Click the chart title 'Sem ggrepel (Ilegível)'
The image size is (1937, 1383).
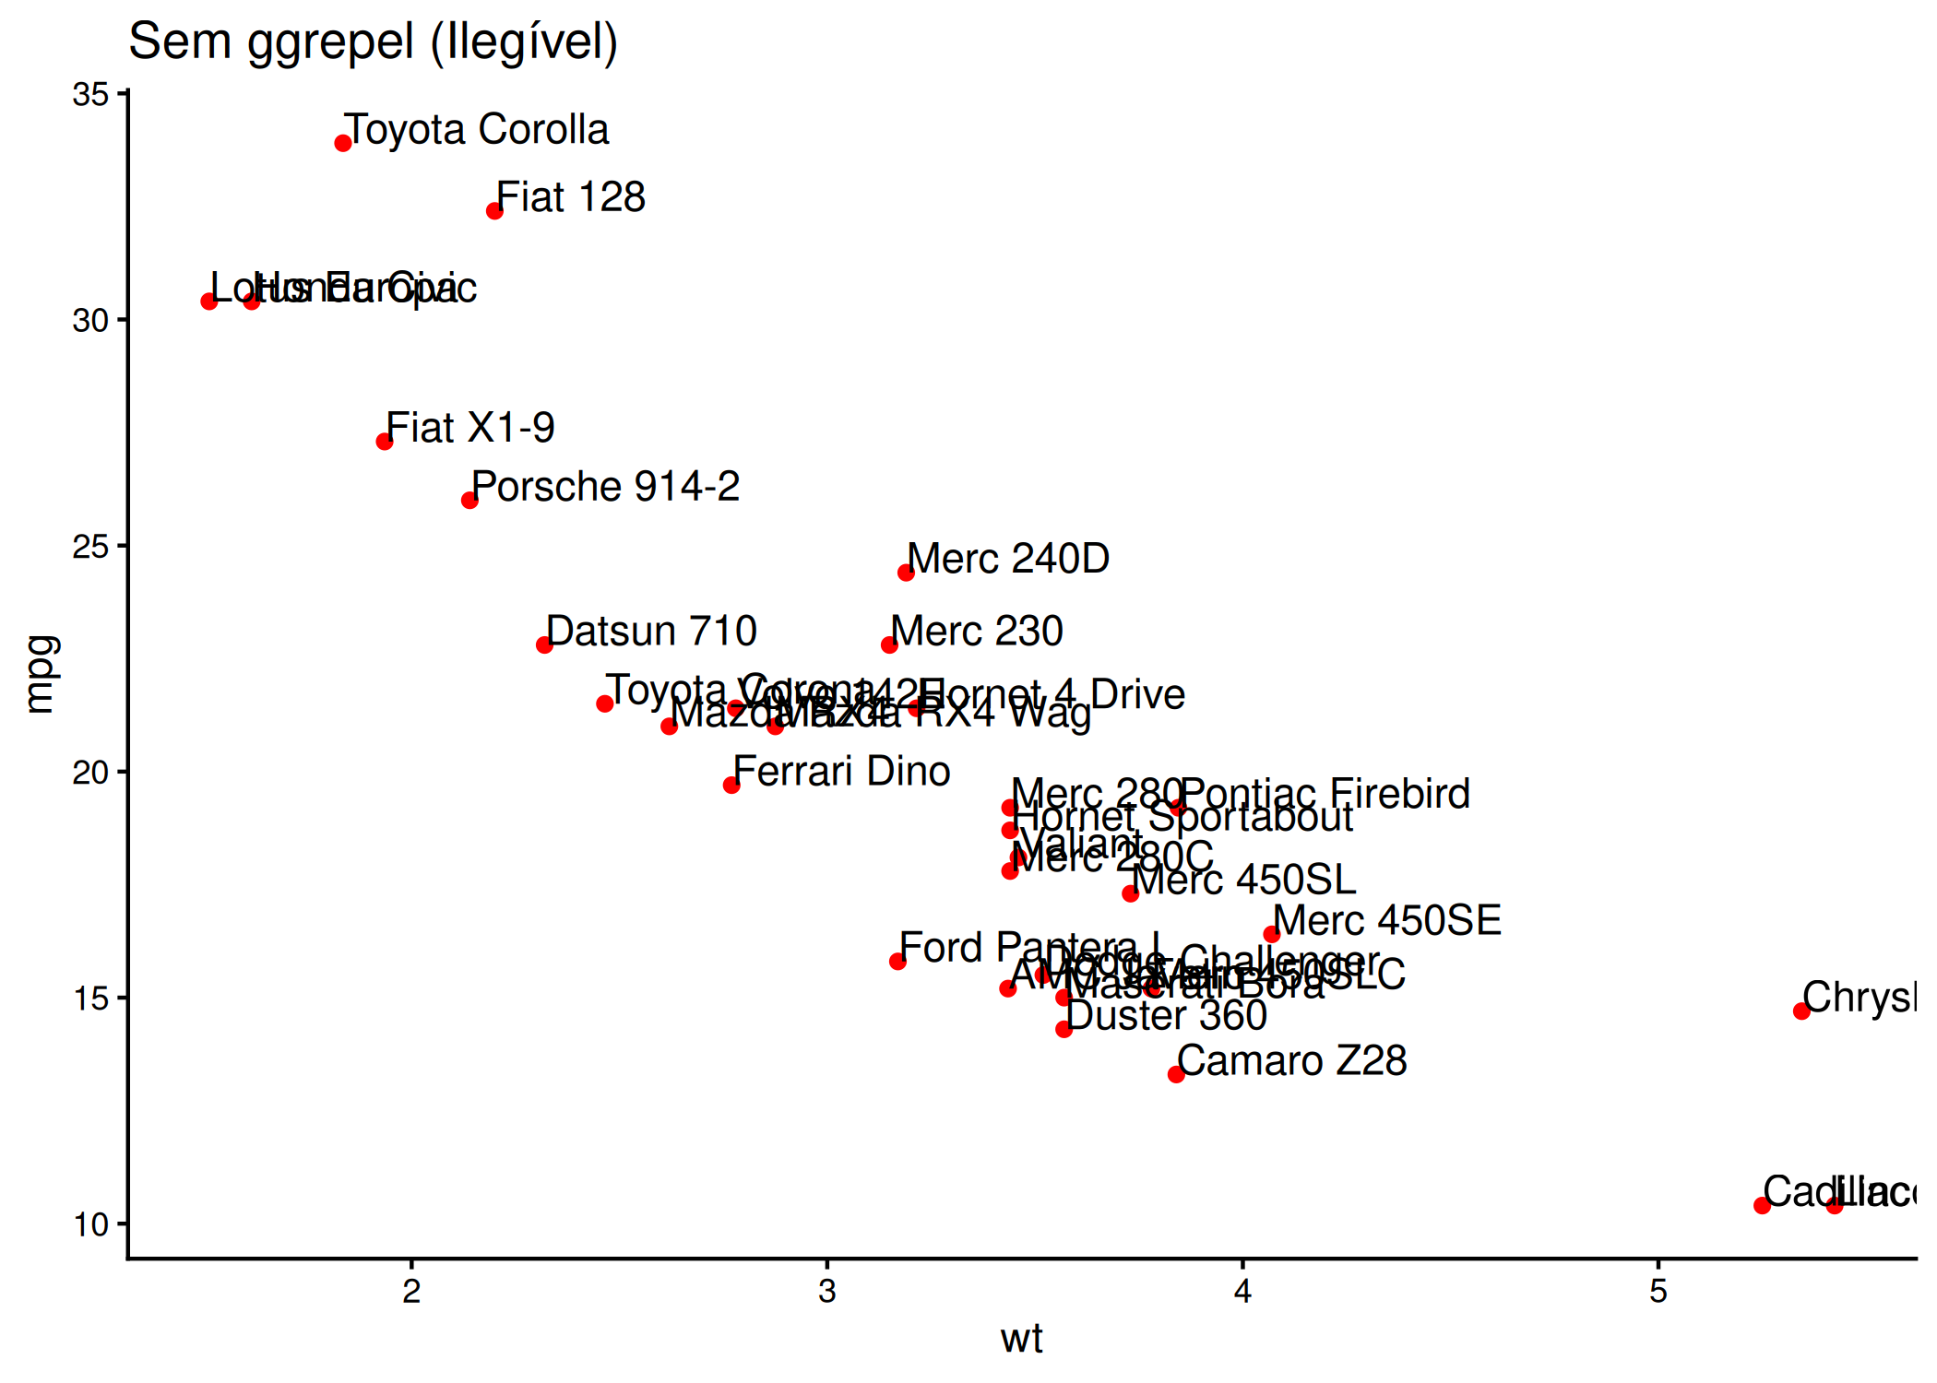(x=373, y=42)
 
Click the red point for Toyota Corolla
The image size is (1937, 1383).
(x=343, y=143)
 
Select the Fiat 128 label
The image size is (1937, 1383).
(x=571, y=197)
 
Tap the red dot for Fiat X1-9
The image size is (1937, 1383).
(x=385, y=442)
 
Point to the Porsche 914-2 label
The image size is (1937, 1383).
(x=606, y=487)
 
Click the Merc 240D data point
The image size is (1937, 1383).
(x=906, y=573)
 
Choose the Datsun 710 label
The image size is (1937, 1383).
(x=651, y=632)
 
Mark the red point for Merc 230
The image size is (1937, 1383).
(x=889, y=644)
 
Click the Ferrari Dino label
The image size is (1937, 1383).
(x=841, y=772)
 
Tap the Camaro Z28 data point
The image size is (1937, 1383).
(x=1176, y=1074)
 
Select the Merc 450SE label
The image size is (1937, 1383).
(x=1387, y=921)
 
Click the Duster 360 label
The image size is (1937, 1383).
(x=1166, y=1016)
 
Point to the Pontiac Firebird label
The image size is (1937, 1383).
(x=1325, y=794)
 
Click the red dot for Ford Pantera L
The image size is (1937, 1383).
(x=897, y=962)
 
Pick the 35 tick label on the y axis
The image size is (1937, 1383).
(x=90, y=95)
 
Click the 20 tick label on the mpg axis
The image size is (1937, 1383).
(x=90, y=773)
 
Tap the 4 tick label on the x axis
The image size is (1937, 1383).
(x=1242, y=1292)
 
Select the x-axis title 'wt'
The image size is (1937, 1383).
(x=1021, y=1339)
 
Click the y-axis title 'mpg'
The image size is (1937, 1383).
(x=42, y=674)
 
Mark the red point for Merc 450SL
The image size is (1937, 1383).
(x=1130, y=893)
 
